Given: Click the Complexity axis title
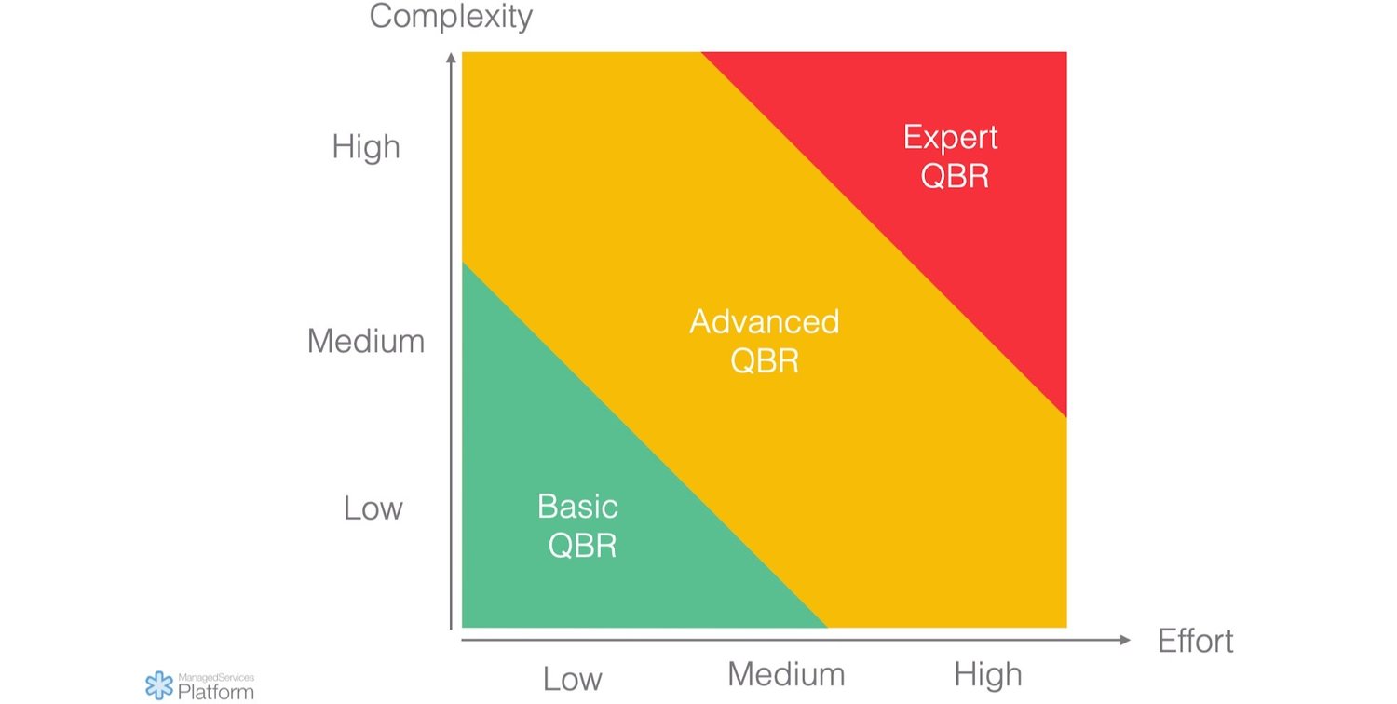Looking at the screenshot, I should [x=451, y=17].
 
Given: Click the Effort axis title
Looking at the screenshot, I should [x=1195, y=641].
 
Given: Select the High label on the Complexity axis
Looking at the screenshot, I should [x=366, y=147].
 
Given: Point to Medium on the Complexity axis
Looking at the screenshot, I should [x=366, y=342].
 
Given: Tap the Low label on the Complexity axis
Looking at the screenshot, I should [x=373, y=508].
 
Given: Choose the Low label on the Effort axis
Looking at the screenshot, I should [x=572, y=679].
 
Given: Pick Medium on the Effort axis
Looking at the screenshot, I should [x=786, y=674].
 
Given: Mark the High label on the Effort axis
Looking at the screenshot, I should [x=987, y=674].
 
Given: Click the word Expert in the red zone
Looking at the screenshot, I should [x=951, y=138].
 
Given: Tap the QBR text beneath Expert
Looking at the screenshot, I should [x=954, y=176].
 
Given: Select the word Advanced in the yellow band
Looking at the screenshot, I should [x=765, y=322].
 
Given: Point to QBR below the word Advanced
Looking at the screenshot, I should [x=765, y=361].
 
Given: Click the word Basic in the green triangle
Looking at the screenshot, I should [x=577, y=507].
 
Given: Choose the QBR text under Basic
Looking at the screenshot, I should [x=582, y=546].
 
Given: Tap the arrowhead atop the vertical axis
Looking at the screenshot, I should [x=451, y=58].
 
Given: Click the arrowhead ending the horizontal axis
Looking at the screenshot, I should [x=1124, y=640].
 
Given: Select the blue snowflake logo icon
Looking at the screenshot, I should [x=159, y=685].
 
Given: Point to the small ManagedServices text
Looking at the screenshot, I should [x=215, y=677].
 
